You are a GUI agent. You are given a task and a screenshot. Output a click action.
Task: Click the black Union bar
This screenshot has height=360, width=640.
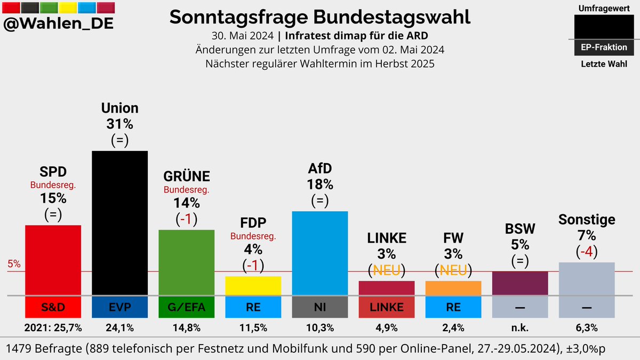click(x=119, y=222)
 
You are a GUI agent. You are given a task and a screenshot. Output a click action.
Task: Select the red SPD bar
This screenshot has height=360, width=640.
click(x=53, y=260)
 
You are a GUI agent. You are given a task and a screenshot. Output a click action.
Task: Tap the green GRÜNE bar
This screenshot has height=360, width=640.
click(x=186, y=262)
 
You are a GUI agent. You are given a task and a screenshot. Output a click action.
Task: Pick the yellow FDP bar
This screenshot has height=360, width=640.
click(x=253, y=285)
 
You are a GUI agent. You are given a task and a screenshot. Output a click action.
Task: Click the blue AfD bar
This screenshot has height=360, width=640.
click(x=319, y=253)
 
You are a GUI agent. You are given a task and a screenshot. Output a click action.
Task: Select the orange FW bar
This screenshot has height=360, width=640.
click(x=453, y=287)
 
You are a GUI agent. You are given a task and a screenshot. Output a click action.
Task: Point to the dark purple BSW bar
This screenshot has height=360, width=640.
click(x=519, y=283)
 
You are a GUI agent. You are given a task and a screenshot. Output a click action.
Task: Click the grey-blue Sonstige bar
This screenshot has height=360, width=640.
click(x=586, y=278)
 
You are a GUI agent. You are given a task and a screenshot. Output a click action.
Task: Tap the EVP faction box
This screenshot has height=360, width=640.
click(x=119, y=307)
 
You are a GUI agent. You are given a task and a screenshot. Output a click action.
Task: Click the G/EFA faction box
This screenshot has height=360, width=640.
click(x=186, y=307)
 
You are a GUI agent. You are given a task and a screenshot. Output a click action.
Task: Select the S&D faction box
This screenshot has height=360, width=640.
click(x=53, y=307)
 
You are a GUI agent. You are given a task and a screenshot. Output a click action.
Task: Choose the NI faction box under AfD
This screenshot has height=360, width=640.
click(x=319, y=307)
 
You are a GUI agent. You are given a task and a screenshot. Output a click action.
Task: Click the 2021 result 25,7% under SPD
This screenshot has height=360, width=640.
click(x=53, y=327)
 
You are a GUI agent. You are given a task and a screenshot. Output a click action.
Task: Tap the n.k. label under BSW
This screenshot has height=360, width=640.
click(x=519, y=327)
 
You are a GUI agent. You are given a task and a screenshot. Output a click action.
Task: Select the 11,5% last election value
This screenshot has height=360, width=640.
click(x=253, y=327)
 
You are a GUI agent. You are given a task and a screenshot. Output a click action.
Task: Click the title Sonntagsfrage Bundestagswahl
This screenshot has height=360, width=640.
click(x=319, y=17)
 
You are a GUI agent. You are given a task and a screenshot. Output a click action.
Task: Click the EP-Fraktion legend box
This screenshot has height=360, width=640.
click(x=603, y=47)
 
